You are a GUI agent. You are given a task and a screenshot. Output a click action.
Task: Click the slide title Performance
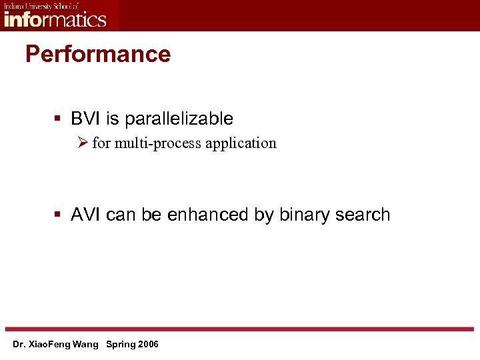point(98,54)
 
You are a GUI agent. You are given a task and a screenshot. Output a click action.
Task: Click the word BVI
point(85,119)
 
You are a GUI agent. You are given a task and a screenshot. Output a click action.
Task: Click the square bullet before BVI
point(58,119)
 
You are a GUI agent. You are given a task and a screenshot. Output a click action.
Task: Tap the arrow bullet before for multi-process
point(82,143)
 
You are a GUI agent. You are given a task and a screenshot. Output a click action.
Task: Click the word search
point(363,215)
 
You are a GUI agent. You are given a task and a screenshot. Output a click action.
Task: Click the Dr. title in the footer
point(19,345)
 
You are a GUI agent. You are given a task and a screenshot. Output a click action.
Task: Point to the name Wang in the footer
point(87,345)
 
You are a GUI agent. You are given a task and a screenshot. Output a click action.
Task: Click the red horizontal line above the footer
point(240,329)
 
